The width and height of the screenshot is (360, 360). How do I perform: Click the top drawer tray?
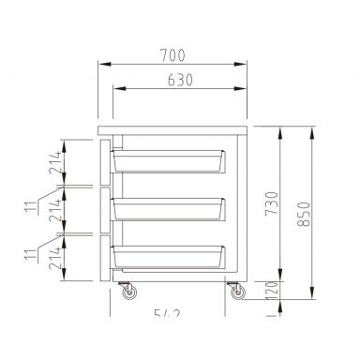[169, 161]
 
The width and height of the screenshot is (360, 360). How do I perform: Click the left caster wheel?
[127, 293]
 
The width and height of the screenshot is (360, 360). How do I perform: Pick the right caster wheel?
[234, 293]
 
